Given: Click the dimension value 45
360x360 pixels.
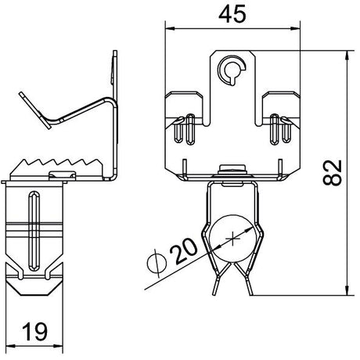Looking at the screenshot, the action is pyautogui.click(x=232, y=14).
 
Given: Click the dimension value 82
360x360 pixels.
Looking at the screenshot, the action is pyautogui.click(x=332, y=172).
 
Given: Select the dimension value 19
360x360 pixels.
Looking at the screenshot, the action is pyautogui.click(x=34, y=332).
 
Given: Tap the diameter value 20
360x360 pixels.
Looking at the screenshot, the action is pyautogui.click(x=183, y=251).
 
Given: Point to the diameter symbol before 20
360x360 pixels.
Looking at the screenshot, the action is pyautogui.click(x=157, y=263).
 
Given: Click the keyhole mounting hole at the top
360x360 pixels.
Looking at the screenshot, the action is pyautogui.click(x=232, y=70).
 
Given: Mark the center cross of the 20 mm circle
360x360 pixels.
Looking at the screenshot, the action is pyautogui.click(x=232, y=239).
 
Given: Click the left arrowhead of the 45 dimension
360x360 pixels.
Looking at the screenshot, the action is pyautogui.click(x=170, y=28).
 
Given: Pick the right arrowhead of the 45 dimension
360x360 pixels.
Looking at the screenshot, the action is pyautogui.click(x=295, y=28).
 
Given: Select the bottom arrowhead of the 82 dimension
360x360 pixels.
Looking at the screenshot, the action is pyautogui.click(x=347, y=290).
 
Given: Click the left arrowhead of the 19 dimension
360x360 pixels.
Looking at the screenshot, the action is pyautogui.click(x=10, y=346).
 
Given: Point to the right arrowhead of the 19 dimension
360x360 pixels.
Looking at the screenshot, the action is pyautogui.click(x=58, y=346).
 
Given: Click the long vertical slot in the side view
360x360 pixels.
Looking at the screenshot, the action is pyautogui.click(x=34, y=231).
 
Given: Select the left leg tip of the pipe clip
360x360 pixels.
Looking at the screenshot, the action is pyautogui.click(x=214, y=293).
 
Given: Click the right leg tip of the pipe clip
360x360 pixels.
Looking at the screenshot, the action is pyautogui.click(x=250, y=293).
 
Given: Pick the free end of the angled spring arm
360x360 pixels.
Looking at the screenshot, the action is pyautogui.click(x=21, y=94).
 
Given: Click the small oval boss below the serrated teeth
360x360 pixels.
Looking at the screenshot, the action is pyautogui.click(x=63, y=175).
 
